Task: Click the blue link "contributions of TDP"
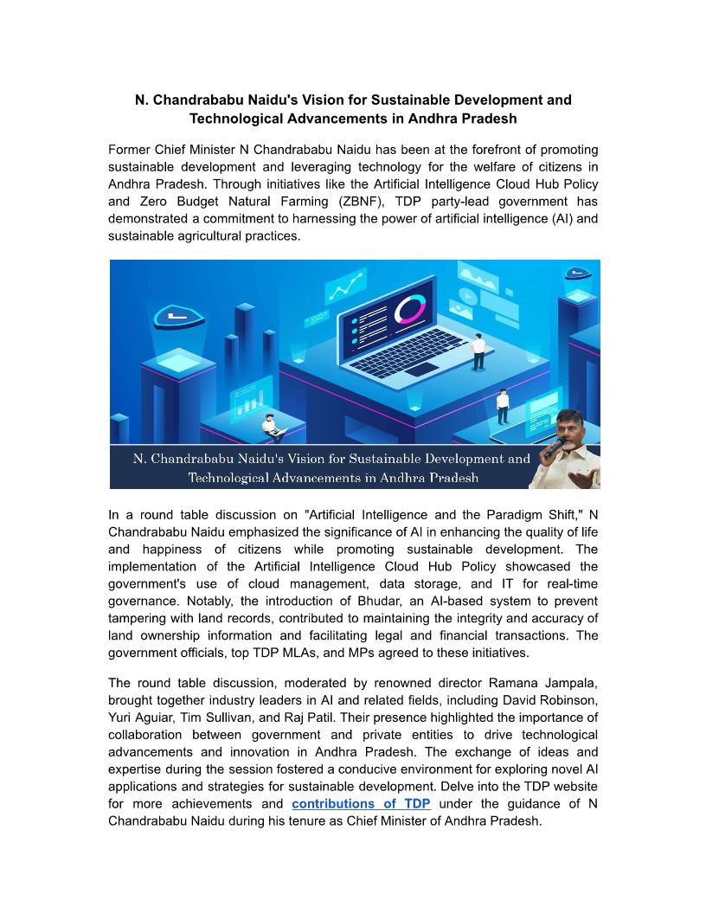361,804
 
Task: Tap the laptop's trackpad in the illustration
421,369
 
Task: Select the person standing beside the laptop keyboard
478,349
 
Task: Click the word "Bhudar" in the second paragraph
412,601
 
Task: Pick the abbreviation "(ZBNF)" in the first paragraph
339,202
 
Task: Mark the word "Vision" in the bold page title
299,100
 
